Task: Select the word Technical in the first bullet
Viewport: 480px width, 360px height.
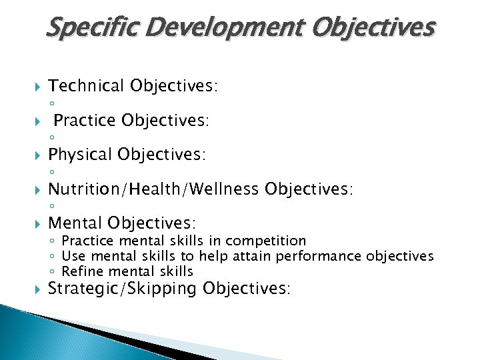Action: [x=86, y=86]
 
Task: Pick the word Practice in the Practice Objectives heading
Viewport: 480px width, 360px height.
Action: [x=85, y=121]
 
